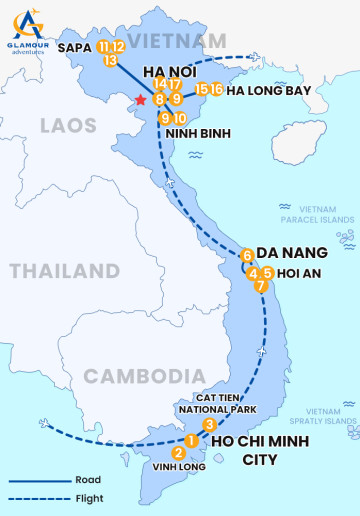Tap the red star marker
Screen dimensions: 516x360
pos(141,100)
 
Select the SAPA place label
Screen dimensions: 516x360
pos(75,47)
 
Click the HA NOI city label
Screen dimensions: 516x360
pos(168,72)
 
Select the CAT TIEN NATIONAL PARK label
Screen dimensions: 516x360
pos(217,403)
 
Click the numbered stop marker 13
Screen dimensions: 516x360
pos(111,60)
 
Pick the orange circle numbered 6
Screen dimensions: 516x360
pos(247,255)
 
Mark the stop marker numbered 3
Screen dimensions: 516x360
pos(208,425)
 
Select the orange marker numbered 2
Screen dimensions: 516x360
pos(178,452)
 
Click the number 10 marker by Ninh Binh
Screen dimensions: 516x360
pos(180,119)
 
